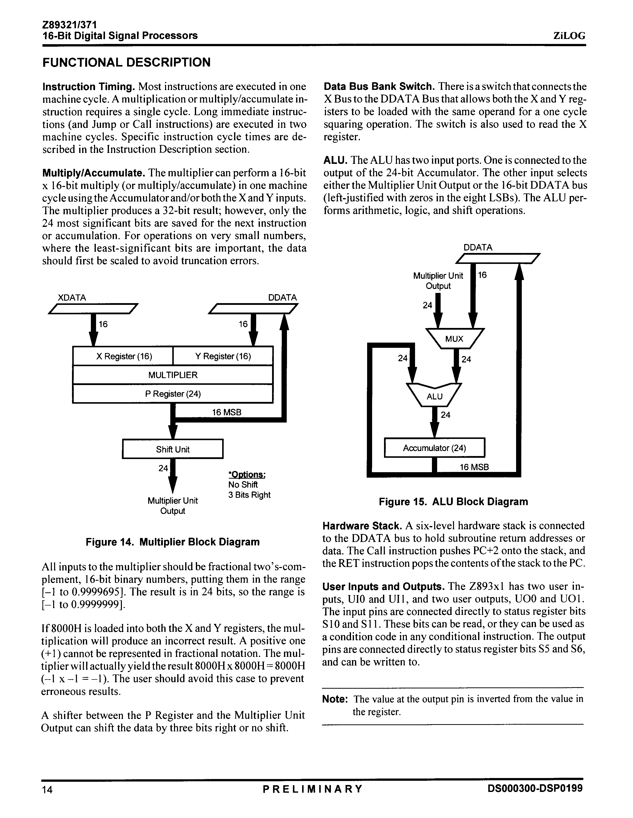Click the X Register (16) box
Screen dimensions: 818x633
tap(123, 356)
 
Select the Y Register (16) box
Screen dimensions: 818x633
tap(223, 356)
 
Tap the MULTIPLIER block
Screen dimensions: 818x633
tap(173, 375)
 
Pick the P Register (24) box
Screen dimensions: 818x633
tap(173, 394)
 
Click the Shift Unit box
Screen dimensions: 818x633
tap(173, 449)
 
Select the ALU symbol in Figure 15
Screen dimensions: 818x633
tap(434, 396)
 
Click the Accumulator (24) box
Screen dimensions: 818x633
tap(434, 448)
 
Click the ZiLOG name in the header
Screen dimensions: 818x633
tap(569, 36)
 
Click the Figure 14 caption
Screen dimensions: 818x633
tap(173, 542)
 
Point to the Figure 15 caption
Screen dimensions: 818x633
tap(453, 501)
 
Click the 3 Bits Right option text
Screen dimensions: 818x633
tap(249, 495)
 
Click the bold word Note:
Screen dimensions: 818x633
tap(336, 699)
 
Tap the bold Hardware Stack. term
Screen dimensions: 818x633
tap(362, 526)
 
